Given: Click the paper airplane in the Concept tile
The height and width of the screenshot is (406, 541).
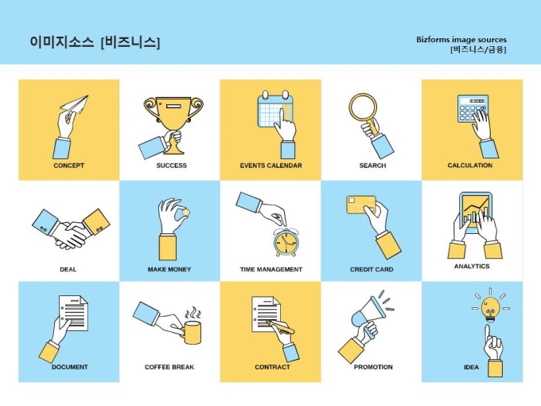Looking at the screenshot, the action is pyautogui.click(x=75, y=104).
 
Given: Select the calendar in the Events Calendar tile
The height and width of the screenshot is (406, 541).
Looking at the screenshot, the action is pyautogui.click(x=275, y=109).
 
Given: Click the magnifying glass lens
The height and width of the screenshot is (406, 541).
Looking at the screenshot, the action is pyautogui.click(x=364, y=107).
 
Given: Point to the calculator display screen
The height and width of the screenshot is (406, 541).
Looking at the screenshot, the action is pyautogui.click(x=477, y=101).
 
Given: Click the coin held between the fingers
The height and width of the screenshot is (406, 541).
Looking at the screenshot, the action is pyautogui.click(x=185, y=212).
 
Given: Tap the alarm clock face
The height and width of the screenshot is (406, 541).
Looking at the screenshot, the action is pyautogui.click(x=286, y=242).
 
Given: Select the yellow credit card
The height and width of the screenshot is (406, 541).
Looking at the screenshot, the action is pyautogui.click(x=361, y=205).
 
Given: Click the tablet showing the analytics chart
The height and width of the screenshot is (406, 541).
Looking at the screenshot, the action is pyautogui.click(x=476, y=213).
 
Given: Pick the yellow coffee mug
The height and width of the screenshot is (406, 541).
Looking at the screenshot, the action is pyautogui.click(x=193, y=332).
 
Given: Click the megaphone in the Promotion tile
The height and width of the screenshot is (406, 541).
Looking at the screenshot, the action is pyautogui.click(x=368, y=315).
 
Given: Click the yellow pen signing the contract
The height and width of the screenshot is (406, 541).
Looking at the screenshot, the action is pyautogui.click(x=281, y=326).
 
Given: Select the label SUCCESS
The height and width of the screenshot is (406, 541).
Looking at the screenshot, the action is pyautogui.click(x=172, y=166).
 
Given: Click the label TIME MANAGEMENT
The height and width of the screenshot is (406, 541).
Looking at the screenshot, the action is pyautogui.click(x=271, y=269).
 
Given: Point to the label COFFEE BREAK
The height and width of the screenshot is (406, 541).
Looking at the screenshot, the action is pyautogui.click(x=169, y=367).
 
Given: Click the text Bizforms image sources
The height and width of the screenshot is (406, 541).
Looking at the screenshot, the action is pyautogui.click(x=461, y=39).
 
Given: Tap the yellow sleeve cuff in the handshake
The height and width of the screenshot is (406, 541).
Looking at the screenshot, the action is pyautogui.click(x=97, y=221).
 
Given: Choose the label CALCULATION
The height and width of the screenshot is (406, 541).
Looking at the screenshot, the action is pyautogui.click(x=470, y=165).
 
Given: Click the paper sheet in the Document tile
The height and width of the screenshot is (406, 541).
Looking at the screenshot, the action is pyautogui.click(x=73, y=313).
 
